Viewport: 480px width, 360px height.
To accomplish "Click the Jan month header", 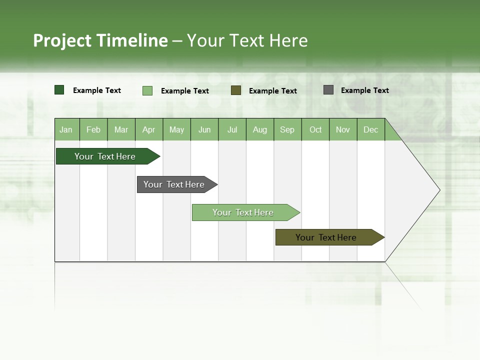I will (x=66, y=130).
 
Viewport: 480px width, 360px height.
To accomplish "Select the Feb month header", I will (x=93, y=130).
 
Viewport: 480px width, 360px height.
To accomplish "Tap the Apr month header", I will (x=148, y=130).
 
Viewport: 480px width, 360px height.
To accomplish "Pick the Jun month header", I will (x=204, y=130).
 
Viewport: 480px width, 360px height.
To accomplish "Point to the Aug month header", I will (x=259, y=130).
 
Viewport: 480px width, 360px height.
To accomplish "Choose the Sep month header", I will (x=287, y=130).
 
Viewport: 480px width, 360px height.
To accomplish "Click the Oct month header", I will (x=315, y=130).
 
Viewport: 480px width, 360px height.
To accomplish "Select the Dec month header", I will (x=370, y=130).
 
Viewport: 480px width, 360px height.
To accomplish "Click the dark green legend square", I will (x=59, y=90).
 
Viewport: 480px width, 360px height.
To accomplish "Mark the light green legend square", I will (x=147, y=90).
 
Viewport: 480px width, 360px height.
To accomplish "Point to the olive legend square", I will (x=236, y=90).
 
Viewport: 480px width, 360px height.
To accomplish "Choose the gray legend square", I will (x=328, y=90).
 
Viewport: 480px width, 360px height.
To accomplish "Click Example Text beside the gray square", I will (x=364, y=90).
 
